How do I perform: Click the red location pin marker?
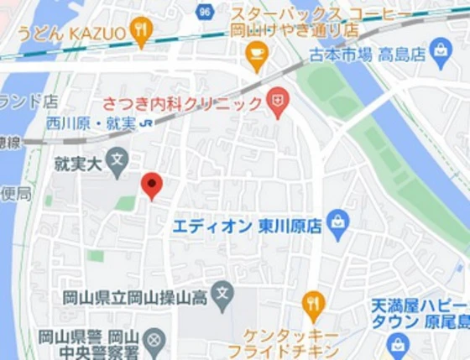pos(151,185)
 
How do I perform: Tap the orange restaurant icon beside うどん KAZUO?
pos(141,32)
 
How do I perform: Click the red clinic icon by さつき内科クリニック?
pos(276,103)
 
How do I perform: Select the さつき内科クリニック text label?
pos(182,104)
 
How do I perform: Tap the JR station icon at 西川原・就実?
pos(147,123)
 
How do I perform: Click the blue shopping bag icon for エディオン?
pos(337,224)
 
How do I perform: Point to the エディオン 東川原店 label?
pos(248,226)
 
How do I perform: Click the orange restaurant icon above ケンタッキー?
pos(312,303)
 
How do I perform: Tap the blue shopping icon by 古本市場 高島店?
pos(440,55)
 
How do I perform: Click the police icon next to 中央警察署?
pos(154,340)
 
